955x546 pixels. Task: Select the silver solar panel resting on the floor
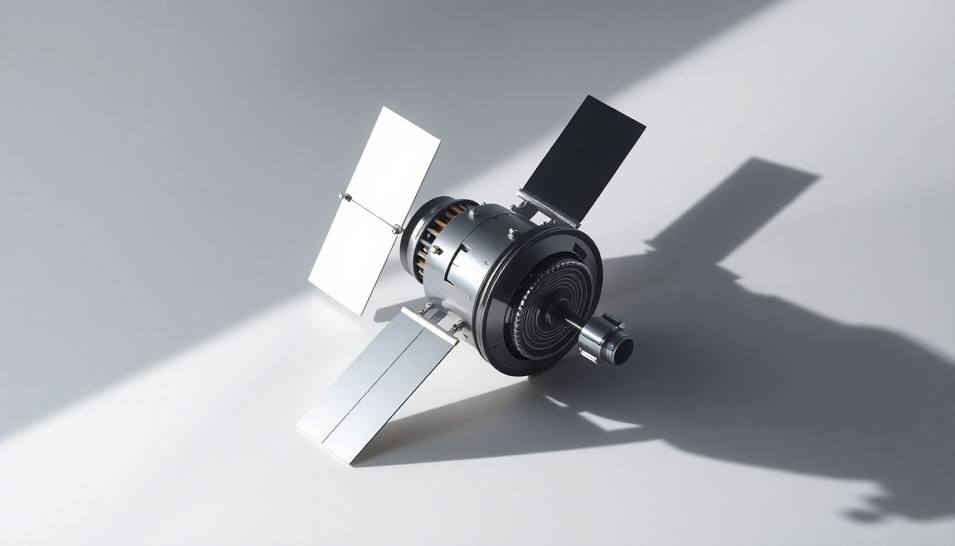point(377,384)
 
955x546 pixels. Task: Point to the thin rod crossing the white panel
point(369,212)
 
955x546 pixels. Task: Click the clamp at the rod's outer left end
point(345,196)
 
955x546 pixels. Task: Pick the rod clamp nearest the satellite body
point(396,229)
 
